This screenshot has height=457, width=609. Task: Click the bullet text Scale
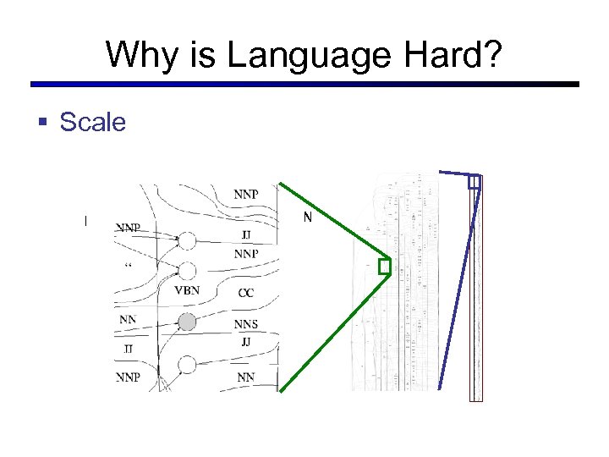tap(92, 123)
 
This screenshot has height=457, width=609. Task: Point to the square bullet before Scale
tap(43, 123)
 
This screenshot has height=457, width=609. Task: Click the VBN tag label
tap(187, 290)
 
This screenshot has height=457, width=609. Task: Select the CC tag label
tap(245, 293)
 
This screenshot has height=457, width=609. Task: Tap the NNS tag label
tap(246, 324)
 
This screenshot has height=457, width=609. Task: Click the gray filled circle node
tap(187, 321)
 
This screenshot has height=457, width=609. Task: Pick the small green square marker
tap(385, 267)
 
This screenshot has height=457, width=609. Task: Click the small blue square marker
tap(474, 181)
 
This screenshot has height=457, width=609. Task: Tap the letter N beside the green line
tap(308, 217)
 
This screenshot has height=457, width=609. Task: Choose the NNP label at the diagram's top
tap(245, 194)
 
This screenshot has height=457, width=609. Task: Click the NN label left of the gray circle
tap(128, 319)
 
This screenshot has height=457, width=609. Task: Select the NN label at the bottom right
tap(245, 377)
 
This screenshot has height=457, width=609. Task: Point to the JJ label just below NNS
tap(245, 342)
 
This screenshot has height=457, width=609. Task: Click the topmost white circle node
tap(187, 241)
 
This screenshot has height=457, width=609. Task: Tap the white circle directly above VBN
tap(187, 270)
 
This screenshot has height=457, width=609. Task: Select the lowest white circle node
tap(187, 364)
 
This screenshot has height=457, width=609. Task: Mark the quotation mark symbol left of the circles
tap(129, 266)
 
